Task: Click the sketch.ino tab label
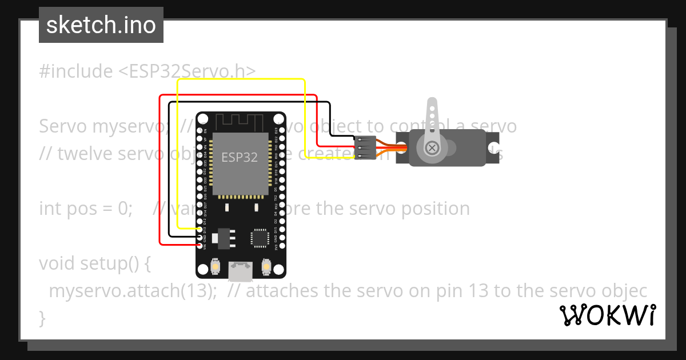101,25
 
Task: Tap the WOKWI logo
608,315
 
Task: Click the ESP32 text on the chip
240,157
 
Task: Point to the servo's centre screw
432,148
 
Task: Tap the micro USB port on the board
241,271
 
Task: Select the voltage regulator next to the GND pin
222,237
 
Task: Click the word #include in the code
76,71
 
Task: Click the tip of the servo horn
433,104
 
